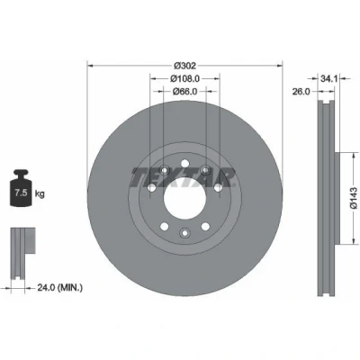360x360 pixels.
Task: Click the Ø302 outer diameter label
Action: pyautogui.click(x=184, y=65)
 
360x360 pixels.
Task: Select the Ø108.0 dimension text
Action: pyautogui.click(x=184, y=78)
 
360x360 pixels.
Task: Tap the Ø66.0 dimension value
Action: pyautogui.click(x=184, y=92)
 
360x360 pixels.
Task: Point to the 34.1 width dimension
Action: pyautogui.click(x=329, y=79)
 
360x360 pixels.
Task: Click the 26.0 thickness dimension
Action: pyautogui.click(x=301, y=92)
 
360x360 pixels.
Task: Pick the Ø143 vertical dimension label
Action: pyautogui.click(x=354, y=198)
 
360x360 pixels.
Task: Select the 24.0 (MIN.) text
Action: pyautogui.click(x=60, y=288)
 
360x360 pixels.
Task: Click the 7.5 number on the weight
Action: pyautogui.click(x=22, y=193)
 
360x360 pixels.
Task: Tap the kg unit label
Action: pyautogui.click(x=40, y=193)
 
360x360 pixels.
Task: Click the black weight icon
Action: pyautogui.click(x=21, y=188)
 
